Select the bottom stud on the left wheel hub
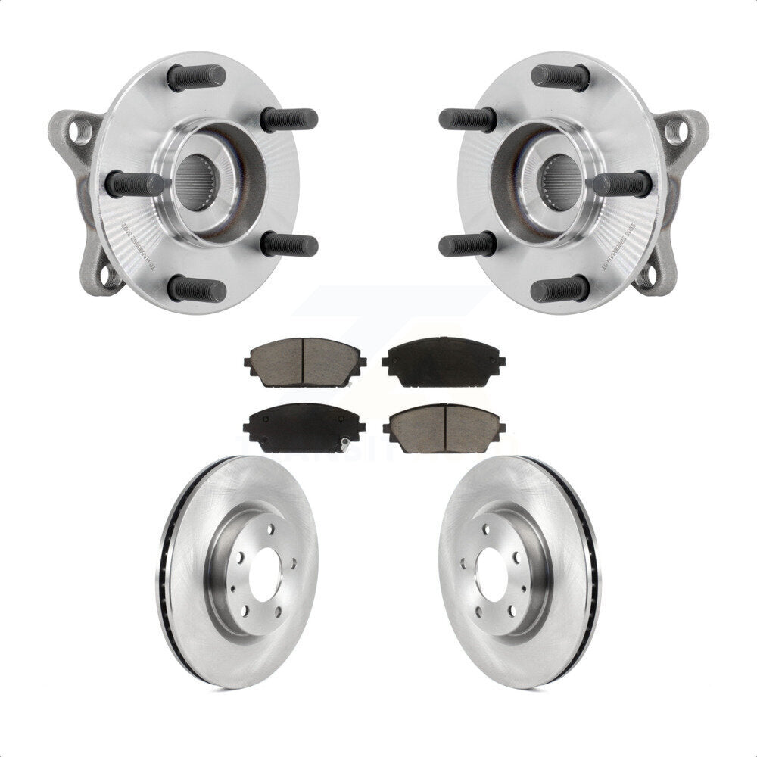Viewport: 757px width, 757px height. [x=197, y=288]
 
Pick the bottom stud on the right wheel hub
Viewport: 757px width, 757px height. [x=560, y=288]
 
